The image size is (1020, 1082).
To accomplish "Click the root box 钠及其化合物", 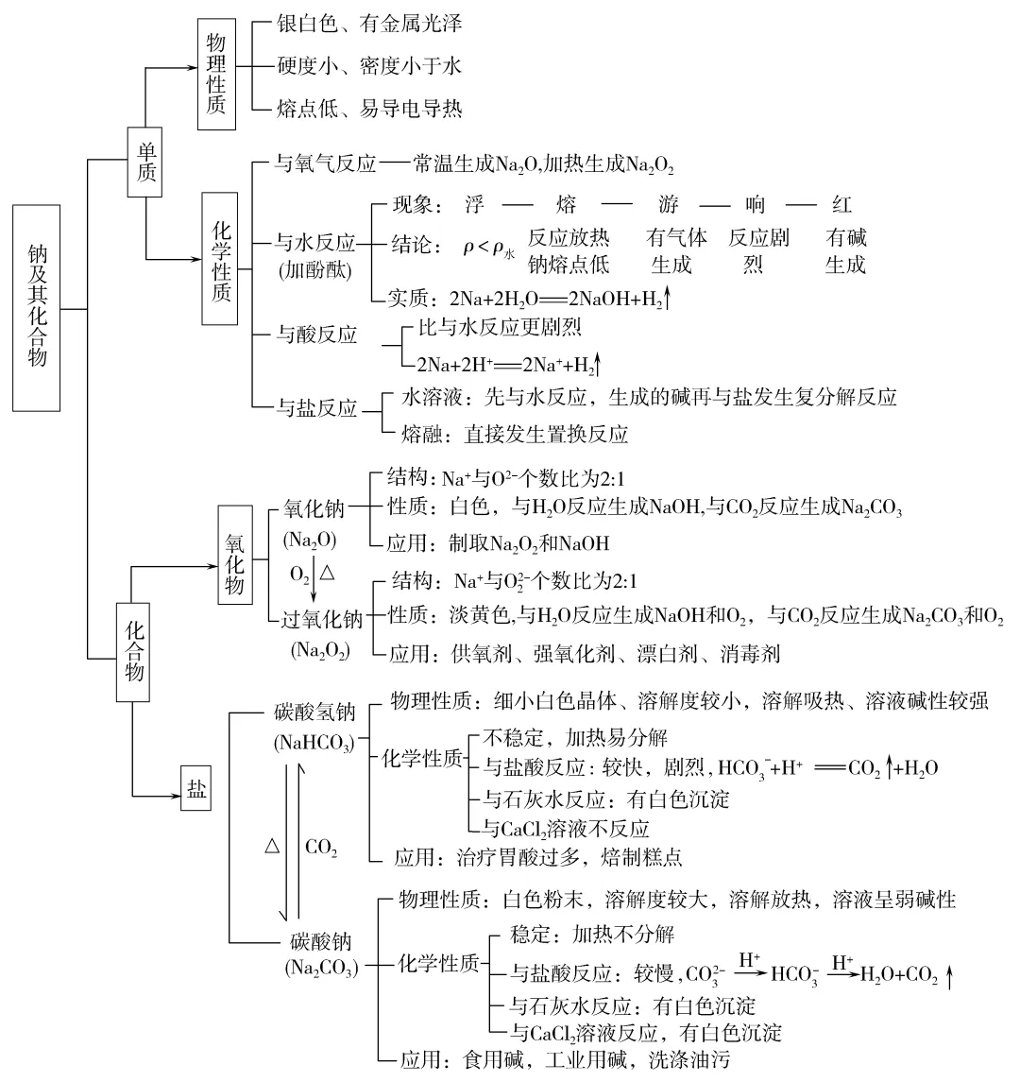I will click(x=38, y=306).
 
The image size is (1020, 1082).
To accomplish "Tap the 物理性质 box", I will click(x=217, y=73).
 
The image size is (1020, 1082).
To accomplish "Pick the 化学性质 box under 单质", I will click(x=220, y=259).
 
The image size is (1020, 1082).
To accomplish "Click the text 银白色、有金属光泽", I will click(x=369, y=22).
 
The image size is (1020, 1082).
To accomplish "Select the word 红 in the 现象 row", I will click(x=842, y=204).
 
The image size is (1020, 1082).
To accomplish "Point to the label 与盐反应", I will click(x=316, y=408).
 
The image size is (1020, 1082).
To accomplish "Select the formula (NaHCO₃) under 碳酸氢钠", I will click(x=314, y=742).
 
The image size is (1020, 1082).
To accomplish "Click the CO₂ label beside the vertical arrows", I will click(x=321, y=847).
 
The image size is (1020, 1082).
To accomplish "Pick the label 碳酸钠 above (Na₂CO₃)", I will click(x=320, y=941).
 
